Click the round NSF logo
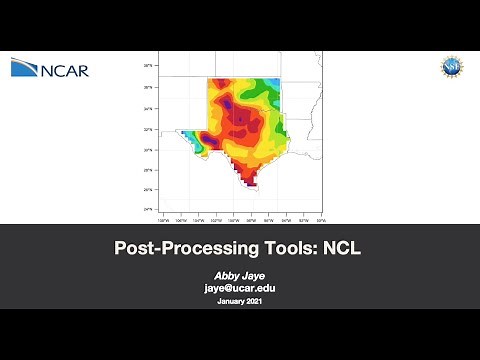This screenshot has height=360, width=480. (452, 68)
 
